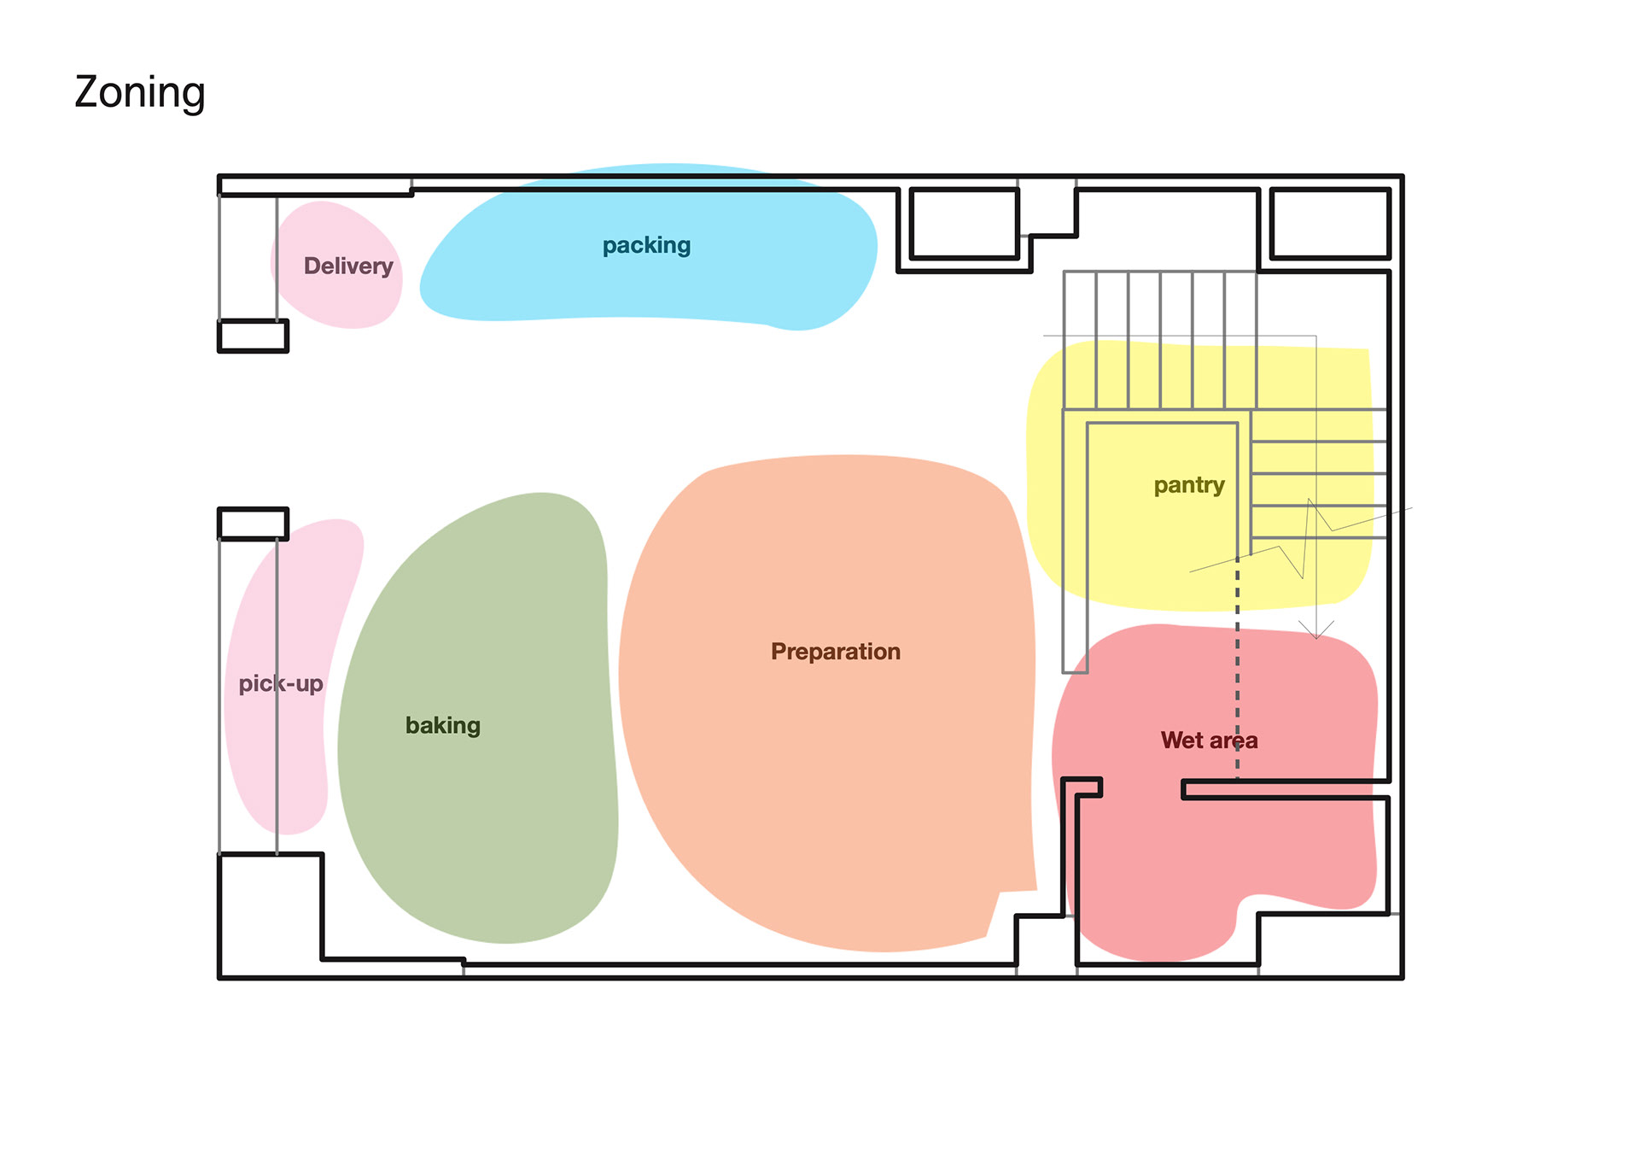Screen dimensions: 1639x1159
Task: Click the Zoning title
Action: pyautogui.click(x=140, y=93)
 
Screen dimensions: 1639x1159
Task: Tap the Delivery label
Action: pyautogui.click(x=348, y=266)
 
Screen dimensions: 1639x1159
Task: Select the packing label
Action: pyautogui.click(x=646, y=246)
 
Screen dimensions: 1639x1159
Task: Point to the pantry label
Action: pyautogui.click(x=1189, y=486)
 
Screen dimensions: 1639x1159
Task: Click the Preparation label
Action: pyautogui.click(x=836, y=652)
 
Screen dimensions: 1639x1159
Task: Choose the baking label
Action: pyautogui.click(x=443, y=726)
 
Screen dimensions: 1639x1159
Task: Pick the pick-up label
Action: pyautogui.click(x=281, y=684)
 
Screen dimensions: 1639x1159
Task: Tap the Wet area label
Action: pyautogui.click(x=1209, y=740)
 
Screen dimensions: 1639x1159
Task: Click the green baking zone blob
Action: pyautogui.click(x=478, y=820)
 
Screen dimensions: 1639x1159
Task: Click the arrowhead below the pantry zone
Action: pyautogui.click(x=1316, y=631)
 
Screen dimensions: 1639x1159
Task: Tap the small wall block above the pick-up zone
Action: pyautogui.click(x=253, y=524)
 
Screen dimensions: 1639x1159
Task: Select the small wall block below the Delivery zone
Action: pyautogui.click(x=253, y=336)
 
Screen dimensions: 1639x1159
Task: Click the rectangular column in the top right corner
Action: pyautogui.click(x=1330, y=224)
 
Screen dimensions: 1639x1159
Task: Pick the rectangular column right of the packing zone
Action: pyautogui.click(x=965, y=224)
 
